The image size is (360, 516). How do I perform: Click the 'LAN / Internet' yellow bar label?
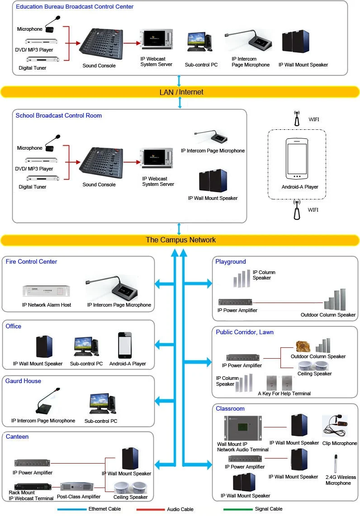click(x=181, y=92)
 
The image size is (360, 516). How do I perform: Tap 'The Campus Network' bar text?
click(x=180, y=240)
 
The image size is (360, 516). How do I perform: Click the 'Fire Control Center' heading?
click(x=31, y=261)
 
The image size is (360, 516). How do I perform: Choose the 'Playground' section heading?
click(x=231, y=261)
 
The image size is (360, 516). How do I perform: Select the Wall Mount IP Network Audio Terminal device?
click(x=243, y=428)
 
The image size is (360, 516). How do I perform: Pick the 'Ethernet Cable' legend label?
click(x=104, y=509)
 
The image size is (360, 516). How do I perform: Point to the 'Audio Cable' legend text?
click(x=180, y=509)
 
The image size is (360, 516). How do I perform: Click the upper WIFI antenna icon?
click(x=297, y=118)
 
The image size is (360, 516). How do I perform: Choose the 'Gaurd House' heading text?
click(x=23, y=381)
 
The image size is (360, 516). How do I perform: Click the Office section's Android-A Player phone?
click(x=125, y=346)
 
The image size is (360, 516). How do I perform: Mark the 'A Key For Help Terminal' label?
click(x=284, y=393)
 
